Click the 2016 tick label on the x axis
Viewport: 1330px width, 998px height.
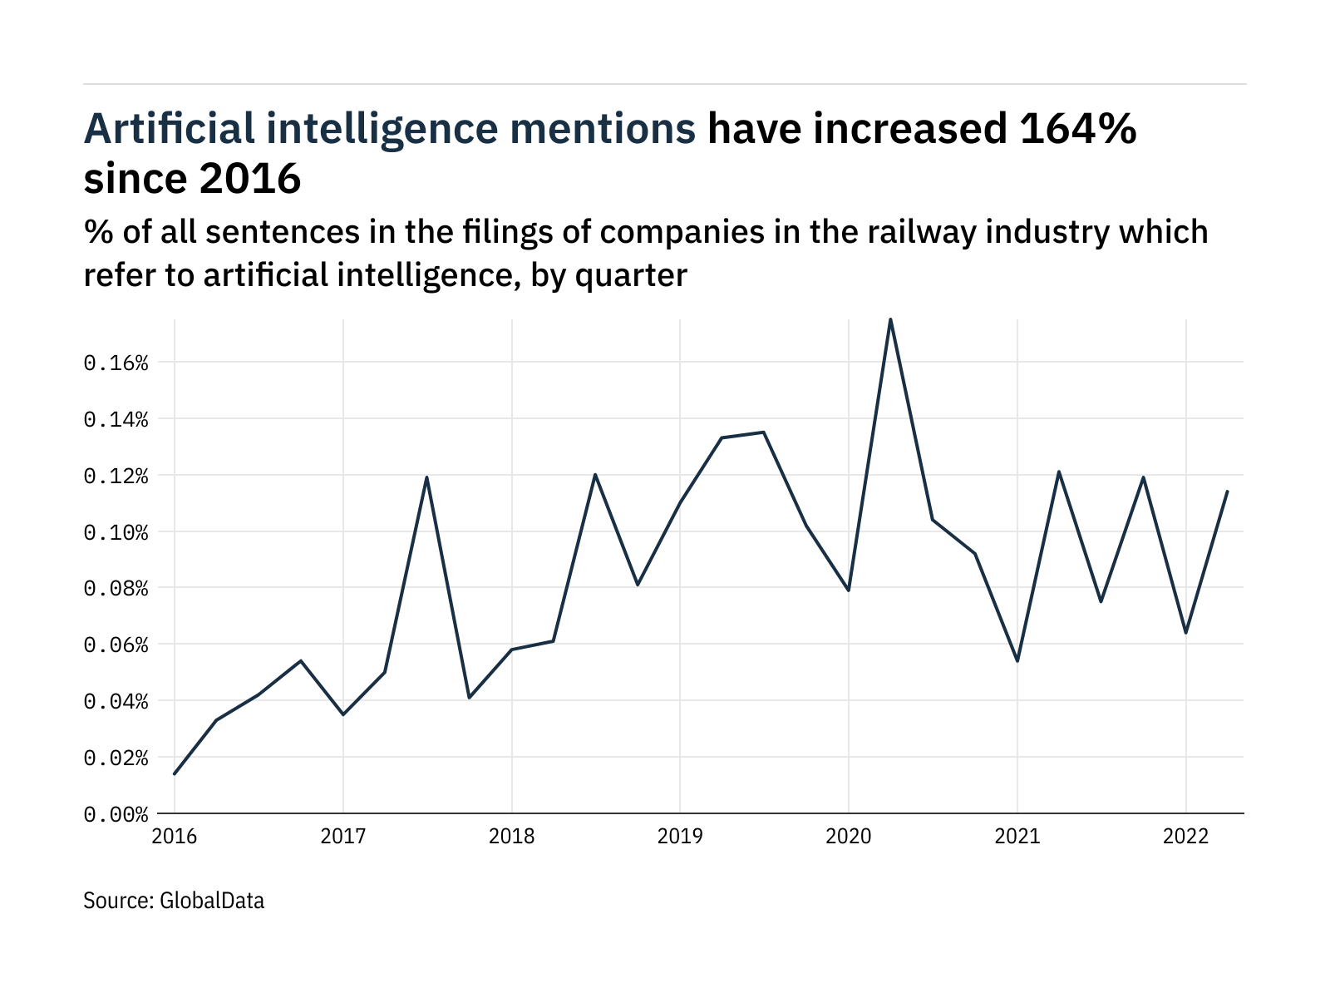(x=174, y=837)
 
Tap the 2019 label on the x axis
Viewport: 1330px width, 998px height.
(x=679, y=837)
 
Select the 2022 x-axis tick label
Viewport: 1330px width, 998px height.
(x=1185, y=837)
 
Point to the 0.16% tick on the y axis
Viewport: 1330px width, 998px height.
(x=116, y=363)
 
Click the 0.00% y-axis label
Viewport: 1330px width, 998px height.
(x=116, y=814)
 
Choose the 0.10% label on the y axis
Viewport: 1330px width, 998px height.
(x=116, y=532)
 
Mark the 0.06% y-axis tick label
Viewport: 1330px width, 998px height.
(x=116, y=645)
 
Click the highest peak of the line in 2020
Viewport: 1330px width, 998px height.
(x=890, y=319)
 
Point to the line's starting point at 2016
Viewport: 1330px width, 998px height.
(x=175, y=773)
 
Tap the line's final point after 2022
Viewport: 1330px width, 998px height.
(x=1227, y=492)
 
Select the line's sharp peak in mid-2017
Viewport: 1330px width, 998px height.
(x=426, y=477)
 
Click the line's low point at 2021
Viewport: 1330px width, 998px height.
(x=1017, y=660)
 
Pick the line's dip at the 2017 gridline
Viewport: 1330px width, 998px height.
(x=343, y=714)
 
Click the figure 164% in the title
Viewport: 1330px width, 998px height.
(x=1078, y=129)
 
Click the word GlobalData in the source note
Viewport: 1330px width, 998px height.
(x=211, y=901)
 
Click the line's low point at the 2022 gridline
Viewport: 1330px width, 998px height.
(x=1185, y=633)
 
